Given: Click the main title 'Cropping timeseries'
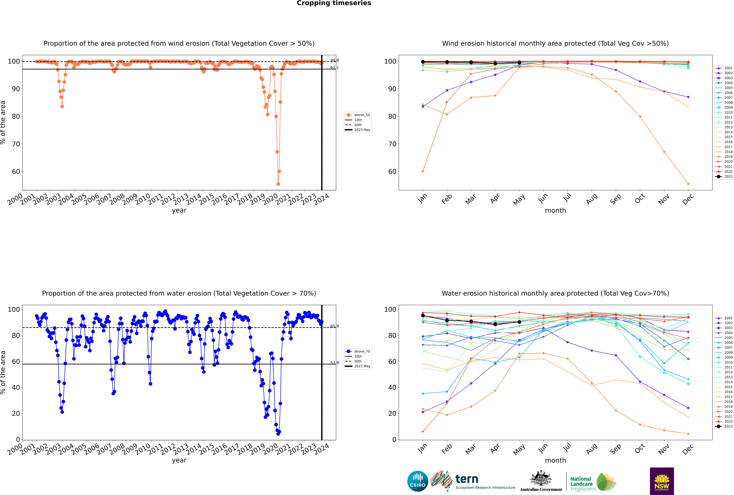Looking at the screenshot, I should pyautogui.click(x=334, y=3).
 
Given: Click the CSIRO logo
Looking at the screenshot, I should pyautogui.click(x=417, y=481).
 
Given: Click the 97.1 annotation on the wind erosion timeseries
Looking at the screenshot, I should pyautogui.click(x=334, y=68).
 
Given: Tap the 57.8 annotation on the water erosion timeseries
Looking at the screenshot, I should pyautogui.click(x=334, y=363).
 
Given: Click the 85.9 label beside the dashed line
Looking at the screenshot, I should pyautogui.click(x=334, y=326).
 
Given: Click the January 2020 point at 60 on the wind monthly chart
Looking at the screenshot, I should pyautogui.click(x=423, y=171).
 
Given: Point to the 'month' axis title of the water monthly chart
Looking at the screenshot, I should pyautogui.click(x=555, y=460).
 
